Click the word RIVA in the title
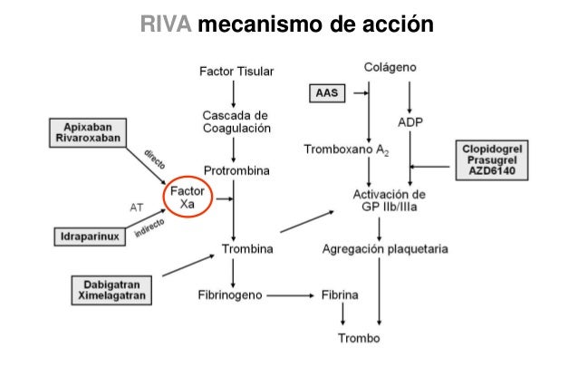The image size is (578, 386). point(167,24)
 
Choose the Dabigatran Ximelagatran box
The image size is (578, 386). point(110,289)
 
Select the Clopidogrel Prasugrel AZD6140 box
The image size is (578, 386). point(496,159)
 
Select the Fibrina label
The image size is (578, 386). point(340,295)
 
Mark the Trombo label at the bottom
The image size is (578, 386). point(359,339)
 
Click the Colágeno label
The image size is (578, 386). point(390,68)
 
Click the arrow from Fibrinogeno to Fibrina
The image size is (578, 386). point(289,295)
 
